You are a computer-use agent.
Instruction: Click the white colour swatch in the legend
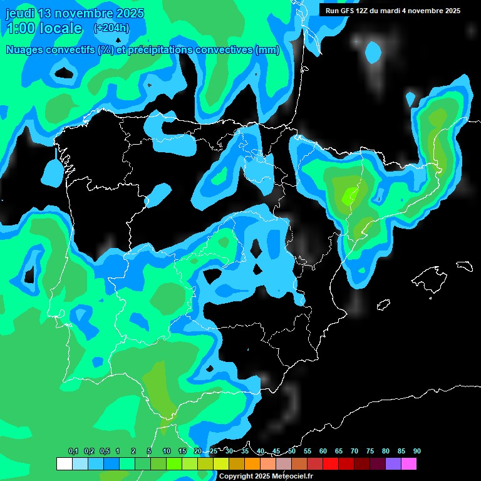(x=64, y=463)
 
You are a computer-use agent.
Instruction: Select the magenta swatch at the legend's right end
(x=409, y=463)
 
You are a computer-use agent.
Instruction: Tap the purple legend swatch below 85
(x=393, y=463)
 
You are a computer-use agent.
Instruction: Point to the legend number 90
(x=417, y=451)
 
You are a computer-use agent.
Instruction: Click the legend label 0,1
(x=73, y=451)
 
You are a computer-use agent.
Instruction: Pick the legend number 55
(x=308, y=451)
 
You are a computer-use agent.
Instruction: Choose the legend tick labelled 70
(x=354, y=451)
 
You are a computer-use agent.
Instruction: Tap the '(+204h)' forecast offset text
(x=111, y=28)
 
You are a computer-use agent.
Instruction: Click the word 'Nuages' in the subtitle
(x=26, y=50)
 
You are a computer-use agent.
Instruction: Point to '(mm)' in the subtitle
(x=267, y=50)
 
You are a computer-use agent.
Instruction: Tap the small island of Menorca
(x=465, y=265)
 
